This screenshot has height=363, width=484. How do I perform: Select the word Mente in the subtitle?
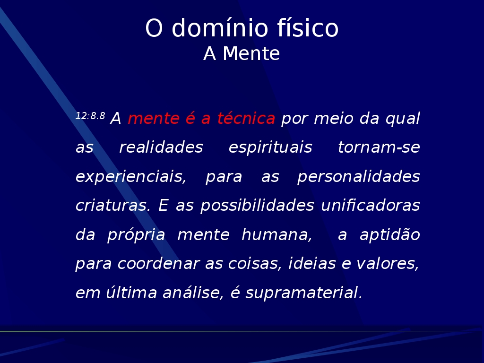coord(251,54)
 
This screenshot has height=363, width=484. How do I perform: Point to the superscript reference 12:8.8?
coord(90,116)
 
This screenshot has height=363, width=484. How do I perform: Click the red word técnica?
coord(246,118)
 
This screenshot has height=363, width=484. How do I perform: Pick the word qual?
coord(403,119)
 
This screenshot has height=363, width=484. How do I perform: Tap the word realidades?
coord(161,147)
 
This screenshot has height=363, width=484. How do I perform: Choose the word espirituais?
coord(270,148)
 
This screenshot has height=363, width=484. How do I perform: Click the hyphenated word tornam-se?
coord(379,147)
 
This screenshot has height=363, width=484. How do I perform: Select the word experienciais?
coord(131,177)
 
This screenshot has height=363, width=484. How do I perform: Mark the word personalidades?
coord(358,177)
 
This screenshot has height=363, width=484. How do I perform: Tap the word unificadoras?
coord(371,206)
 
